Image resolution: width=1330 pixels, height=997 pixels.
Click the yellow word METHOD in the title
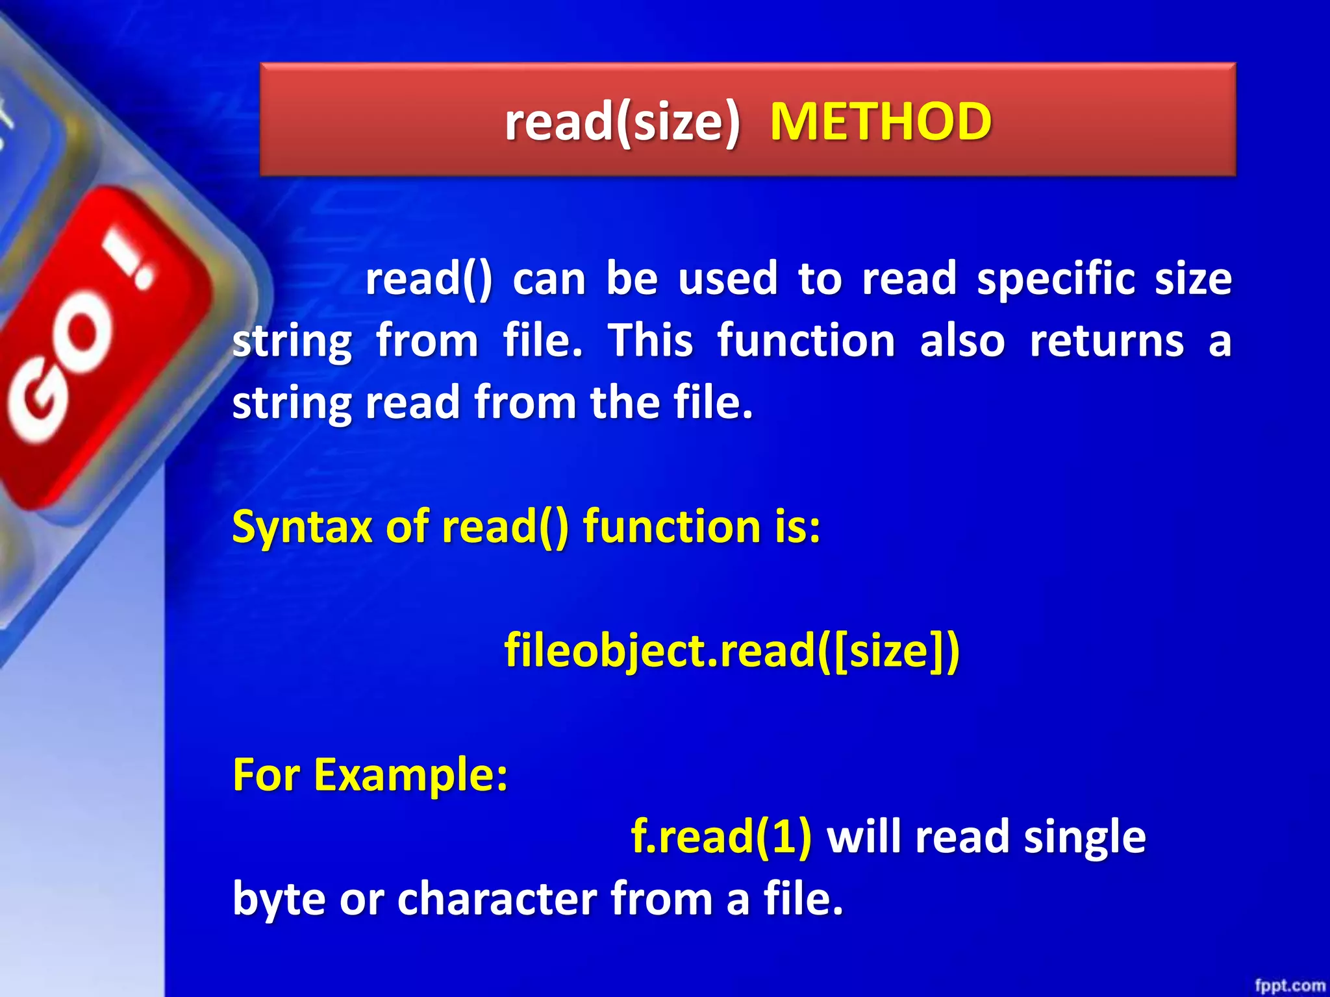(881, 122)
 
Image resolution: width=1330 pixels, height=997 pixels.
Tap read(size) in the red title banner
(622, 122)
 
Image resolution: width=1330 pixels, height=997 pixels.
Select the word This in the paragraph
(651, 341)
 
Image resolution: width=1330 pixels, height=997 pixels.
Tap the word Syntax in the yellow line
(301, 527)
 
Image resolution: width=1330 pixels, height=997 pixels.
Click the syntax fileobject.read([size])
(731, 650)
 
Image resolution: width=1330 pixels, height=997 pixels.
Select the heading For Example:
(370, 774)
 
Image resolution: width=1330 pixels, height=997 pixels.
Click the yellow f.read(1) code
(721, 837)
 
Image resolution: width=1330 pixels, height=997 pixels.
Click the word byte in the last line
(279, 900)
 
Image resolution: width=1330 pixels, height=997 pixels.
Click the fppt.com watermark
(1289, 985)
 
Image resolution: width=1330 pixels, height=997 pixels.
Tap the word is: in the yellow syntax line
(797, 527)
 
